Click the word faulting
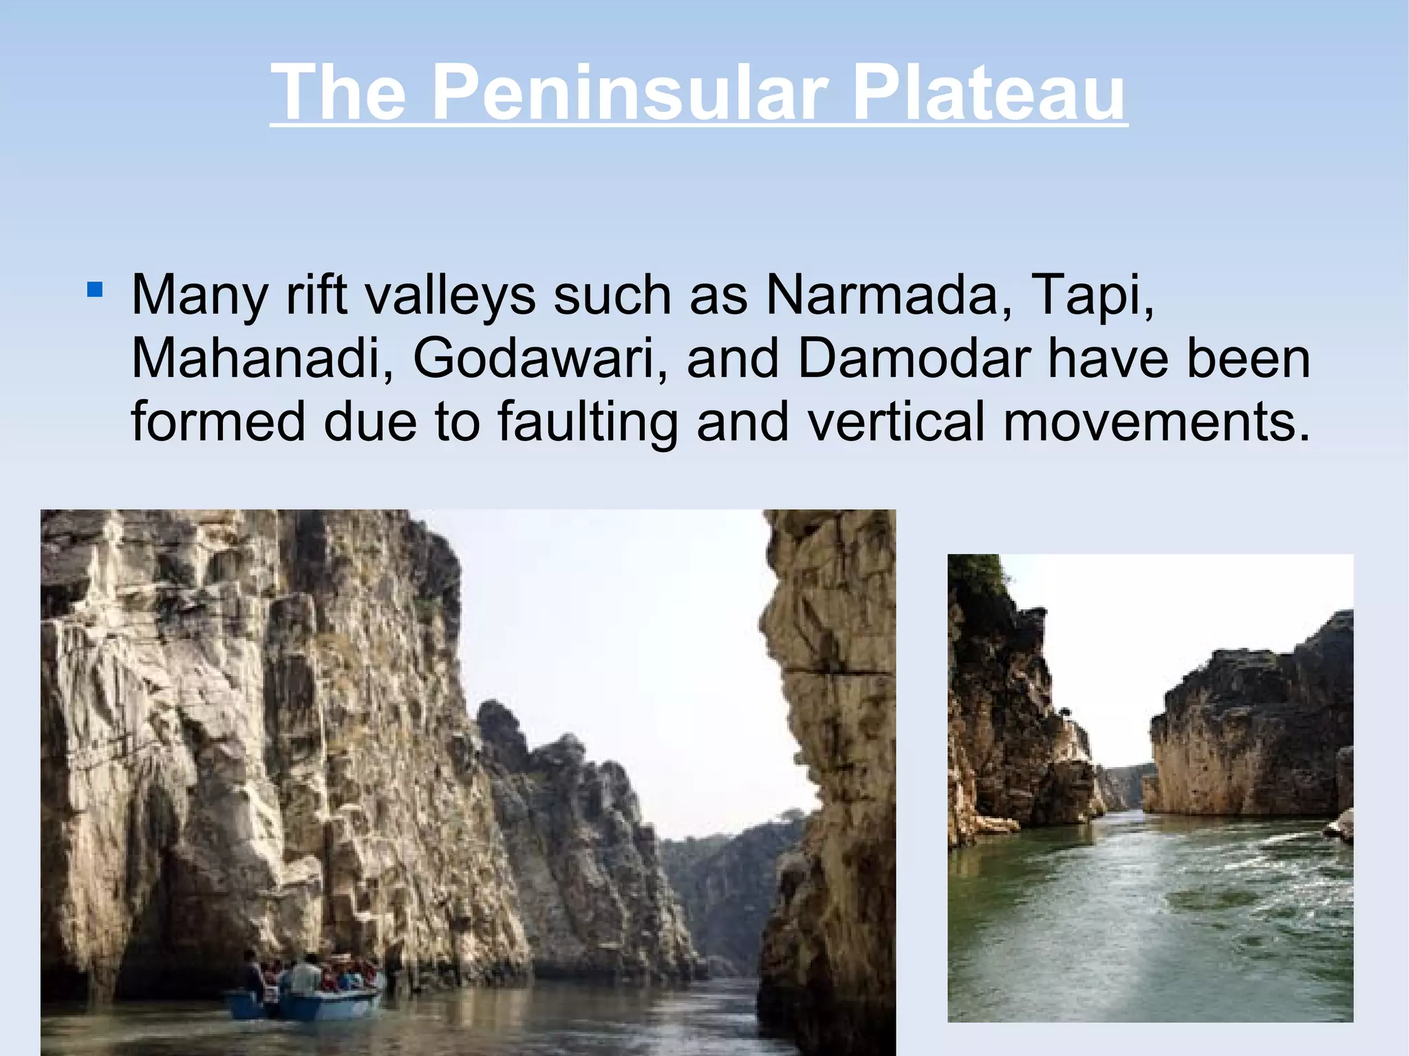tap(588, 422)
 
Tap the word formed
tap(218, 421)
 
